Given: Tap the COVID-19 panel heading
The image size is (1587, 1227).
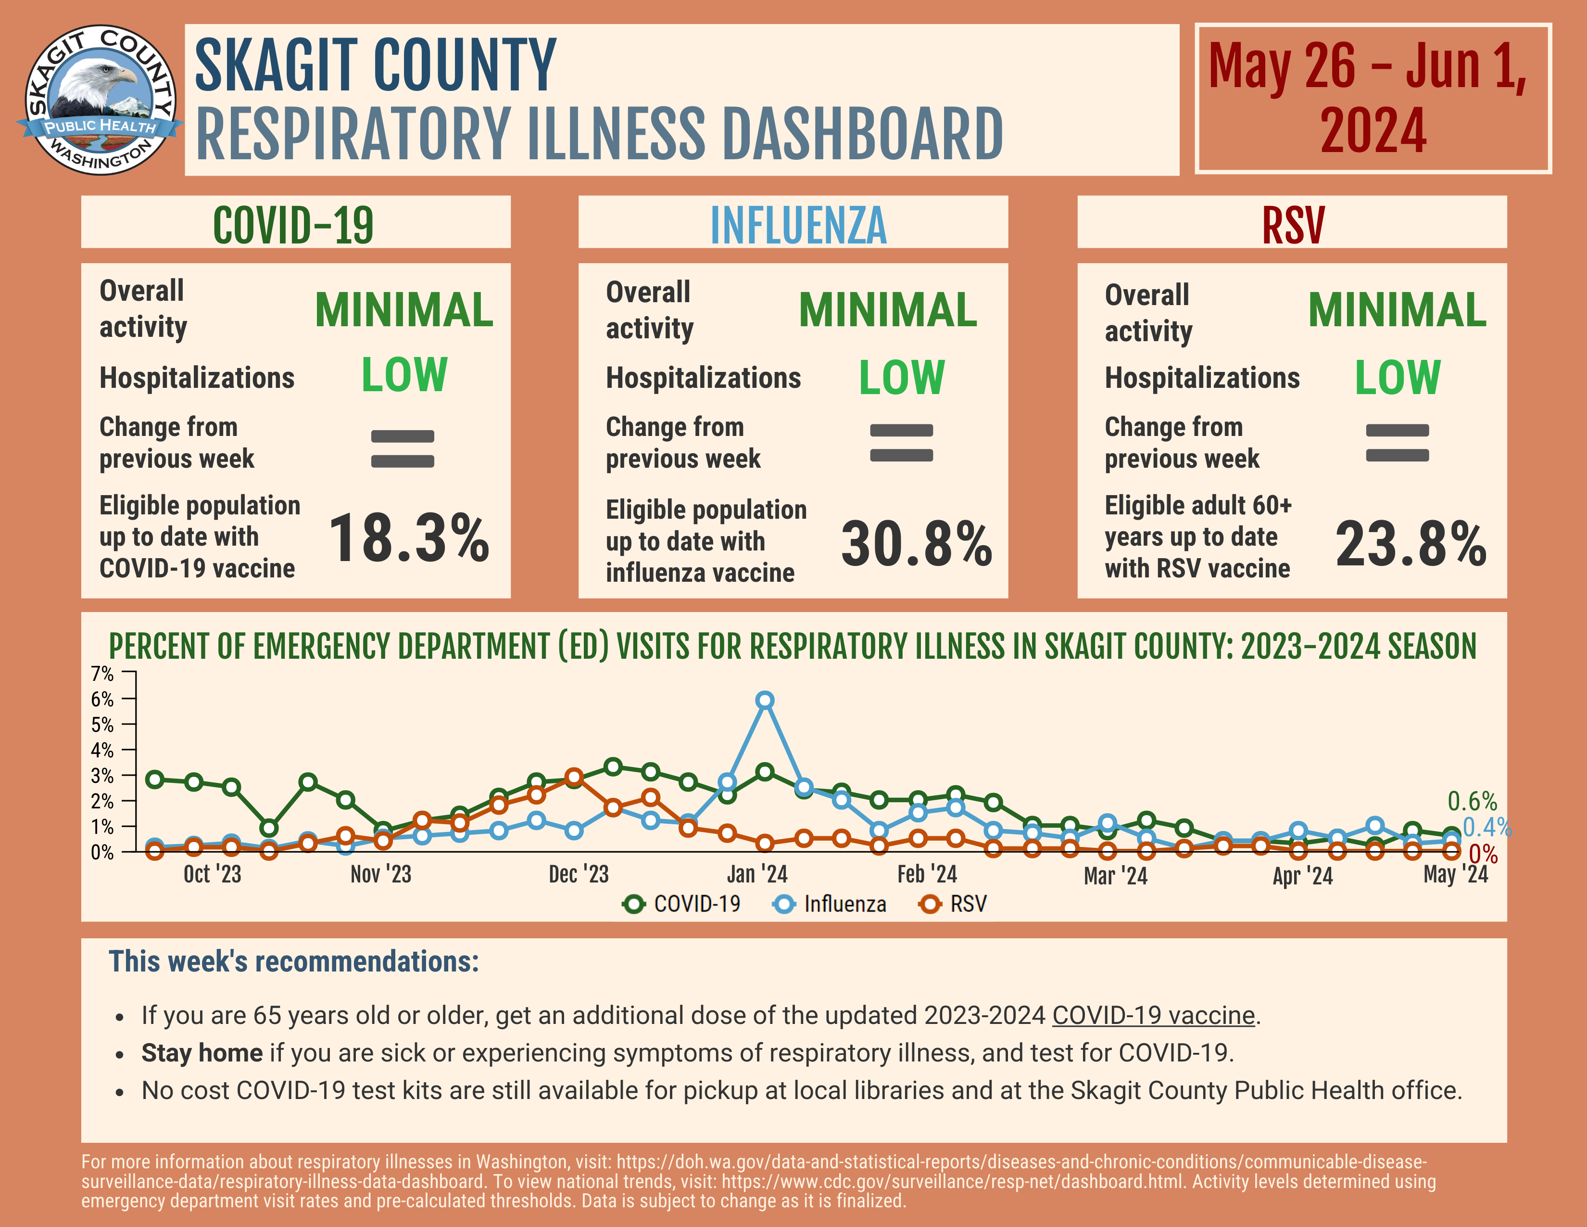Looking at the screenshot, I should pos(293,225).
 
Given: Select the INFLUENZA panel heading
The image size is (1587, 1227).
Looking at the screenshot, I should pos(798,225).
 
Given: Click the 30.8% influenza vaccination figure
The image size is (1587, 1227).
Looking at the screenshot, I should pos(916,544).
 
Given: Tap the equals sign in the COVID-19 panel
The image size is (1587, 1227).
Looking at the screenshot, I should pos(403,448).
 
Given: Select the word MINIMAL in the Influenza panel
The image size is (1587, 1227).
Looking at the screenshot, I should pos(887,310).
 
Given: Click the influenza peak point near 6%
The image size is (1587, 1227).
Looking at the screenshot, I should pos(765,700).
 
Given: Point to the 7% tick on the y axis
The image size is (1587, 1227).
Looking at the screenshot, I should pos(102,674).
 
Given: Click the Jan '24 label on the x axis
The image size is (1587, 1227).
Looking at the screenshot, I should pos(757,874).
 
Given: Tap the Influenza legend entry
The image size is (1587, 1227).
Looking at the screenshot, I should pos(830,904).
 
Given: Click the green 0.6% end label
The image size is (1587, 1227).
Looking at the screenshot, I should pos(1472,801).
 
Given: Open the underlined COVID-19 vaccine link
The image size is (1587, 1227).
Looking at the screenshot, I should pos(1153,1015).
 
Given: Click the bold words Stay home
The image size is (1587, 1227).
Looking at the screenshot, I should pos(202,1052).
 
